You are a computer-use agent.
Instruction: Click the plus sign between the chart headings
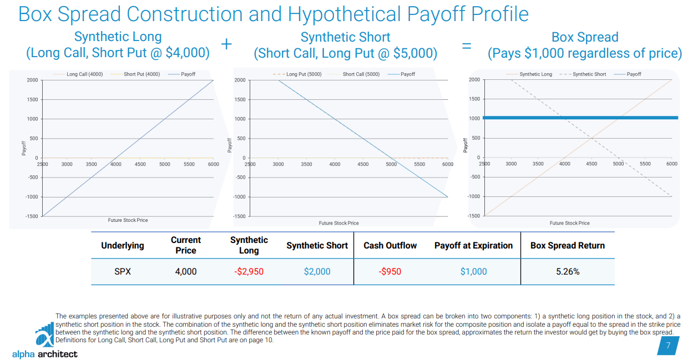226,44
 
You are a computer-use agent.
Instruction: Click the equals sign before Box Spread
467,46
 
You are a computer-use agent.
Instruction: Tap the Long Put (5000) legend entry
299,74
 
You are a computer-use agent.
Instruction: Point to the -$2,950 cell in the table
249,272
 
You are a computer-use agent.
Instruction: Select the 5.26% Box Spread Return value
568,272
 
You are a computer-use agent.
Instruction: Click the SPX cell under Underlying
123,272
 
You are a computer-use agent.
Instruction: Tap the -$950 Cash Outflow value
390,272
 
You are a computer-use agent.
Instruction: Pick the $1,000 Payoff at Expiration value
473,272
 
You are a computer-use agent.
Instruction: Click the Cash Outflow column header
390,246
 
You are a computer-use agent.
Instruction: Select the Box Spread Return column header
568,246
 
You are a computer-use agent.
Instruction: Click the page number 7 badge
668,346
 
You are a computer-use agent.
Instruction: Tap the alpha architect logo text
45,354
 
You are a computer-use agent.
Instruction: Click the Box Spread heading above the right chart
585,38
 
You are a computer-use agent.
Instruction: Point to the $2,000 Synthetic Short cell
317,272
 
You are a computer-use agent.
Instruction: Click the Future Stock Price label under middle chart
338,223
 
